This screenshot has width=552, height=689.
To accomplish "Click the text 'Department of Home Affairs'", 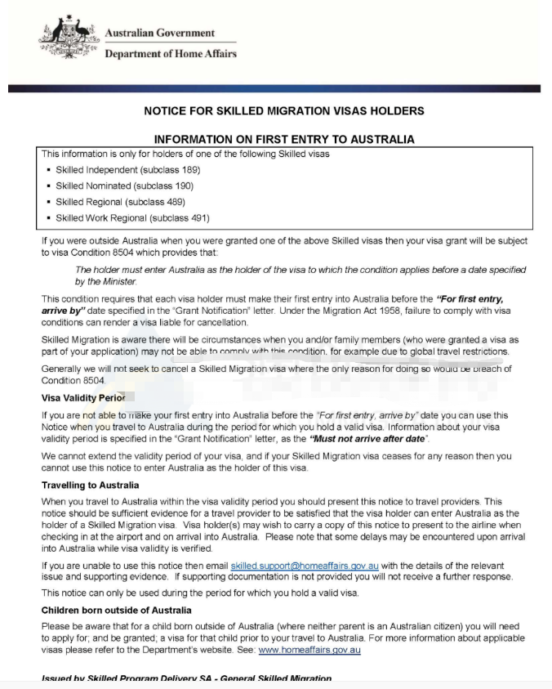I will click(x=171, y=54).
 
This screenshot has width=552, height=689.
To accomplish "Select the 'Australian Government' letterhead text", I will click(x=160, y=33).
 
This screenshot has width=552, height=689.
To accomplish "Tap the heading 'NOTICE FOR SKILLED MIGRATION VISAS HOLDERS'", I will click(x=283, y=110).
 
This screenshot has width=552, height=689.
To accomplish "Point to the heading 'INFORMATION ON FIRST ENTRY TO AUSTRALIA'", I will click(x=283, y=139).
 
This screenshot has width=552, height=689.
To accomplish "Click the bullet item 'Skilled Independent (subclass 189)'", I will click(x=128, y=170).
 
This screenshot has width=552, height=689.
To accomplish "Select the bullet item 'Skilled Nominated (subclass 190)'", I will click(x=124, y=186).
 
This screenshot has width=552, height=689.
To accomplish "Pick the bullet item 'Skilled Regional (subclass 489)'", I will click(x=120, y=202).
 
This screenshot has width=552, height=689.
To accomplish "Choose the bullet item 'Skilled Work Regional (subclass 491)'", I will click(x=132, y=218).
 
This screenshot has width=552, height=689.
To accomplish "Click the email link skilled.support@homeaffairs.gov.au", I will click(x=305, y=566).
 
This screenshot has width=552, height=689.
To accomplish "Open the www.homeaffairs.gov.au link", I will click(x=309, y=650).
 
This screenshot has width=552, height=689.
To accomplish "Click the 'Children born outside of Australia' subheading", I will click(x=117, y=610).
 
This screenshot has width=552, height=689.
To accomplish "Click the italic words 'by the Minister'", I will click(x=107, y=281).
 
